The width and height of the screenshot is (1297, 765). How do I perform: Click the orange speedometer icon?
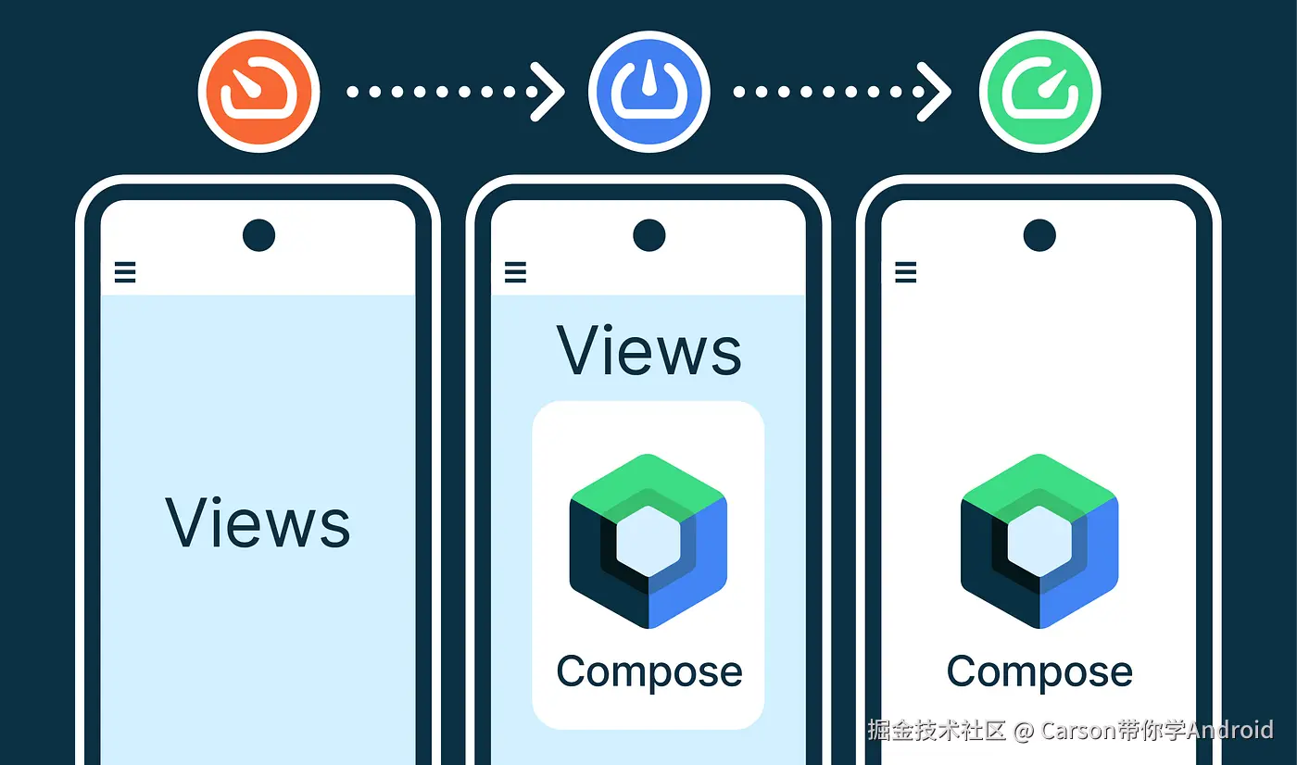(258, 92)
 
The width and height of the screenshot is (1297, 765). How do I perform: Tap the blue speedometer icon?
(649, 92)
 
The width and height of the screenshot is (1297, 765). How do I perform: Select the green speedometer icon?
(1039, 92)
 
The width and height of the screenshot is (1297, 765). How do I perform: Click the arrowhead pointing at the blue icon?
(548, 92)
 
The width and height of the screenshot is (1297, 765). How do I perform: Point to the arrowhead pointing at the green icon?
(935, 92)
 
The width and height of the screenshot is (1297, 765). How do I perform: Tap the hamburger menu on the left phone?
(125, 272)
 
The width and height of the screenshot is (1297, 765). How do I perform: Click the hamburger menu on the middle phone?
(515, 272)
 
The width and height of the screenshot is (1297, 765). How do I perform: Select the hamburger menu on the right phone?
(906, 272)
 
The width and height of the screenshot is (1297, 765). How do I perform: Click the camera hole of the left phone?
(258, 235)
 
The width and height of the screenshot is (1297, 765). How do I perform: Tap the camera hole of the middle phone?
(649, 235)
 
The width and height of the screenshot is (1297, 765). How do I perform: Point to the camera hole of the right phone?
(1039, 235)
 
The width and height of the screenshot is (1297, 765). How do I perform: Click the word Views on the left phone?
(258, 522)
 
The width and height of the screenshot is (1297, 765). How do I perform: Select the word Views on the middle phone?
(649, 349)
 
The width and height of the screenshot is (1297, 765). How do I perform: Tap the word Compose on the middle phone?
(649, 672)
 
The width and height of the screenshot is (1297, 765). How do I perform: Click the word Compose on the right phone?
(1039, 672)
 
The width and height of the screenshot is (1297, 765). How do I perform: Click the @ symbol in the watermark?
(1024, 731)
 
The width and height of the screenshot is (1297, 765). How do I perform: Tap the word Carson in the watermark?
(1078, 731)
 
